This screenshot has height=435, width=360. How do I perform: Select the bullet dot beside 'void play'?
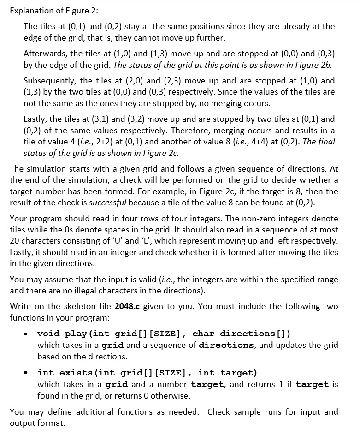(x=30, y=334)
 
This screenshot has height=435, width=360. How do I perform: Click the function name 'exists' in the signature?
(x=68, y=373)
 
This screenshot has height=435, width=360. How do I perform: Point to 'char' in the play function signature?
(x=203, y=334)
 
